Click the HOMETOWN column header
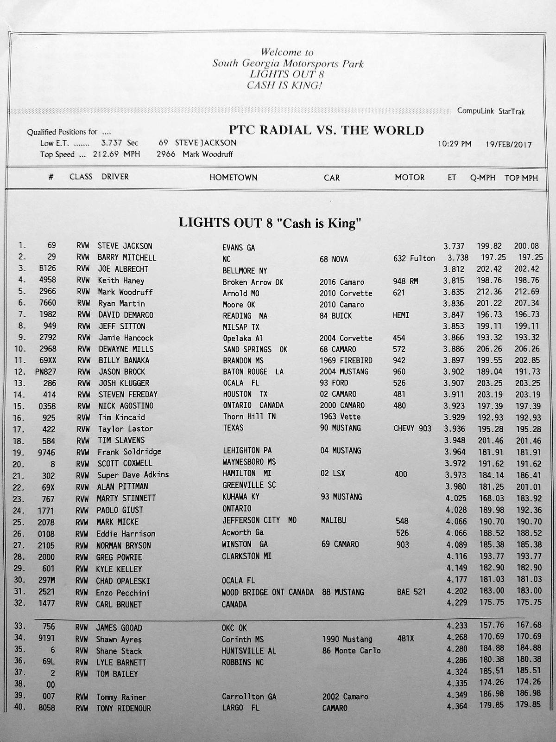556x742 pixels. coord(234,177)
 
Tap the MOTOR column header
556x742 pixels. coord(410,177)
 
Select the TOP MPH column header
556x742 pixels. coord(521,178)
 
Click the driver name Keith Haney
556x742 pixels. coord(121,280)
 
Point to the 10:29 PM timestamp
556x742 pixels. coord(455,144)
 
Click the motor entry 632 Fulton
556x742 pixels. coord(414,258)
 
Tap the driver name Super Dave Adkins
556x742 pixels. coord(133,475)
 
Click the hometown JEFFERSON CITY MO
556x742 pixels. coord(259,520)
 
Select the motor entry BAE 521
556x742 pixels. coord(411,592)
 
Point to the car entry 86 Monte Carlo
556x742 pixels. coord(351,651)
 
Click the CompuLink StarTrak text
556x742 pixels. coord(491,111)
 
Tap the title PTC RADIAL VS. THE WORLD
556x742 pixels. coord(326,130)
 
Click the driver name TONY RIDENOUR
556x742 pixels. coord(123,708)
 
